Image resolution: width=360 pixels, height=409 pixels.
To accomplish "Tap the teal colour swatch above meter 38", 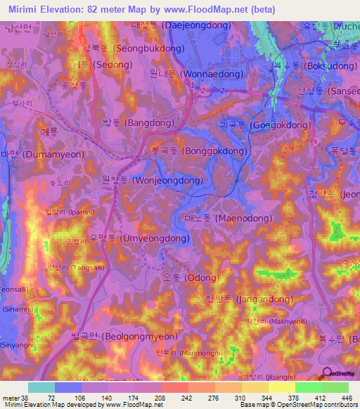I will pyautogui.click(x=41, y=387).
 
